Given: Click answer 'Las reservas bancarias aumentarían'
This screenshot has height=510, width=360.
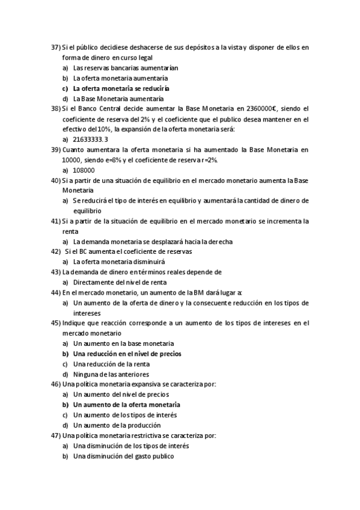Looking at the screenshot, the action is tap(126, 68).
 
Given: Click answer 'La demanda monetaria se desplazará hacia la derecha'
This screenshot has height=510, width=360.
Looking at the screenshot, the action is tap(153, 242).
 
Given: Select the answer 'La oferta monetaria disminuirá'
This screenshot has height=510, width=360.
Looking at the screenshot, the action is tap(118, 262).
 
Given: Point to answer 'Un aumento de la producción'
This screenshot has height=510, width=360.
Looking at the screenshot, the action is tap(115, 425).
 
